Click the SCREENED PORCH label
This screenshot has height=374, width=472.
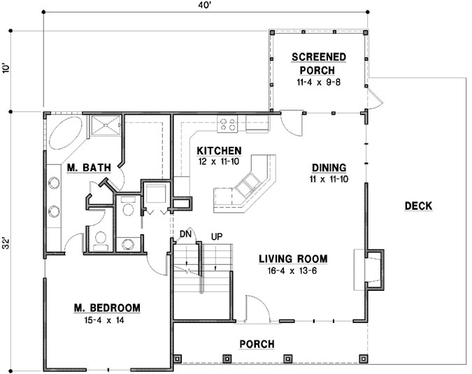click(x=318, y=63)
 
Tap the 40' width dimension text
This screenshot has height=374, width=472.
click(x=204, y=6)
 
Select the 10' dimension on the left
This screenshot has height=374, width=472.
click(x=7, y=70)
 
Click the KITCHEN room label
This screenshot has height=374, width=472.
click(x=219, y=151)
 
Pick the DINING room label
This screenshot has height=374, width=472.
click(x=329, y=168)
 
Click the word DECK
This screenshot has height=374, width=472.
click(x=418, y=206)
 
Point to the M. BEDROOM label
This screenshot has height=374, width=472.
click(x=107, y=308)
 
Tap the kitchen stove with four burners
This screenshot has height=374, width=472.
click(x=227, y=124)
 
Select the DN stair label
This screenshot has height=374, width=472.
click(x=185, y=233)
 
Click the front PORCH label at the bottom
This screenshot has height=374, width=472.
click(x=257, y=344)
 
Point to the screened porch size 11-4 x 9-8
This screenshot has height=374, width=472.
click(x=318, y=82)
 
